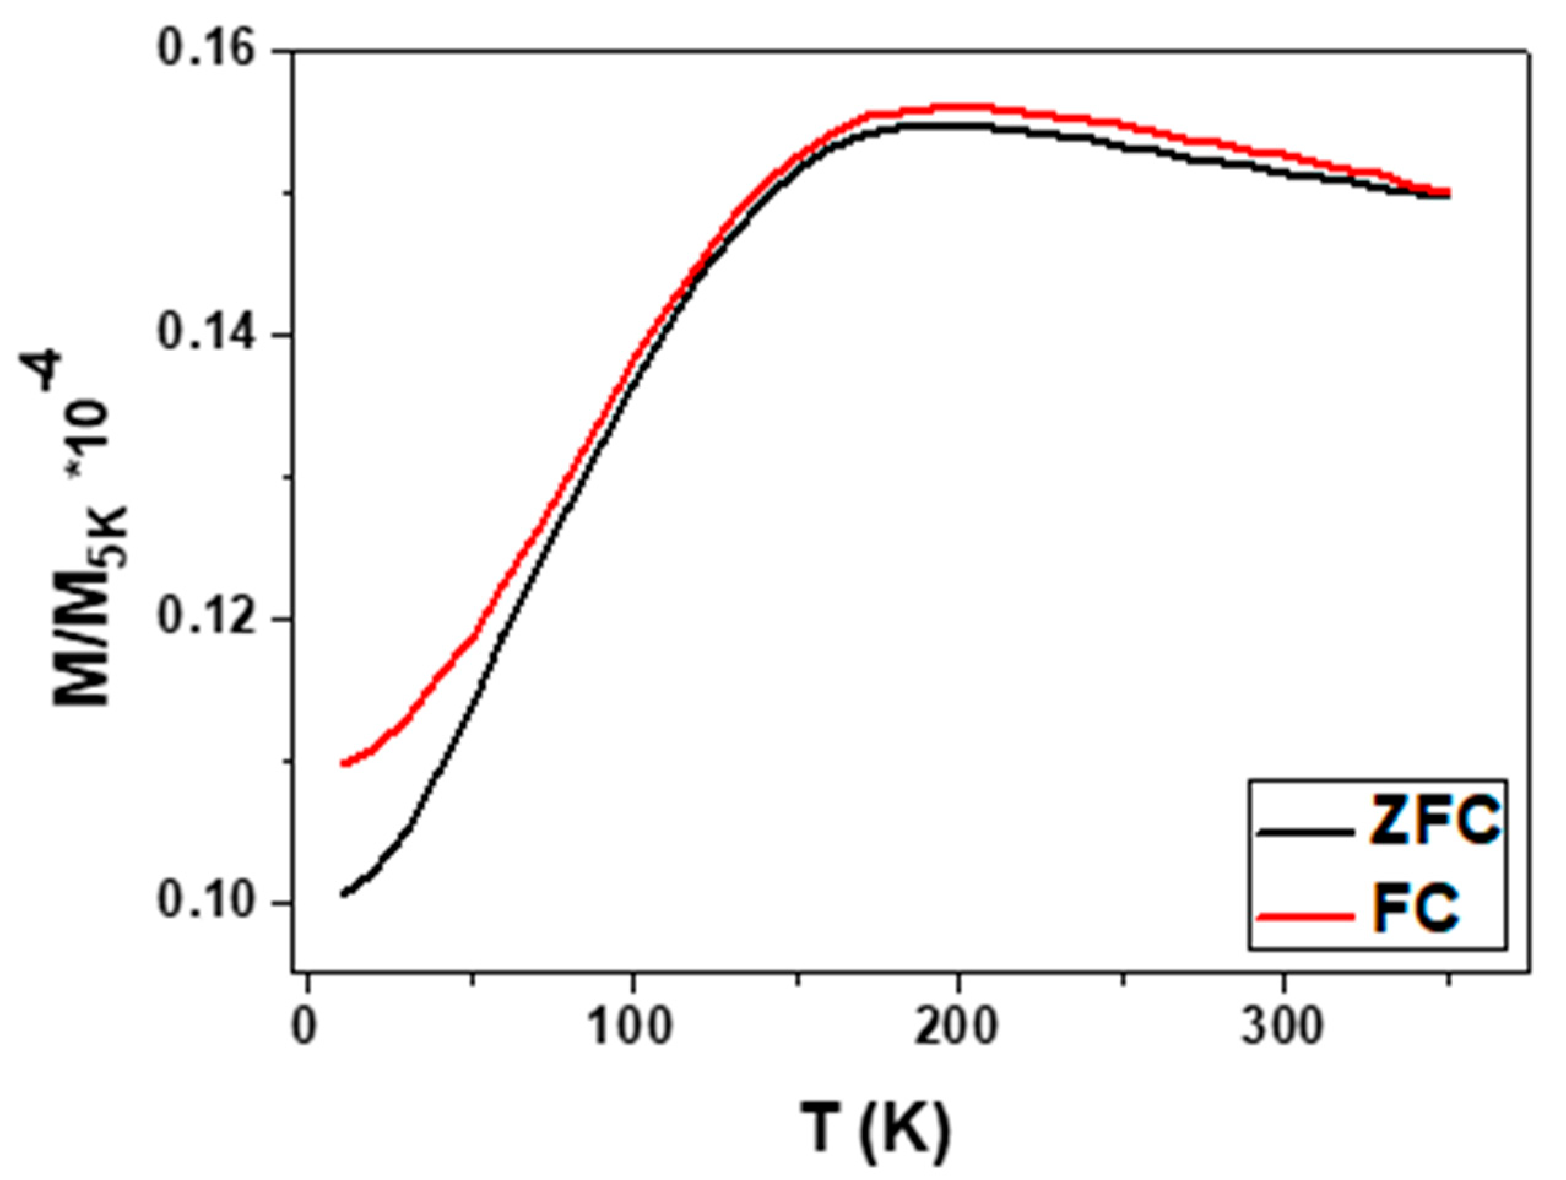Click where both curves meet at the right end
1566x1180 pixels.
(x=1444, y=193)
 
